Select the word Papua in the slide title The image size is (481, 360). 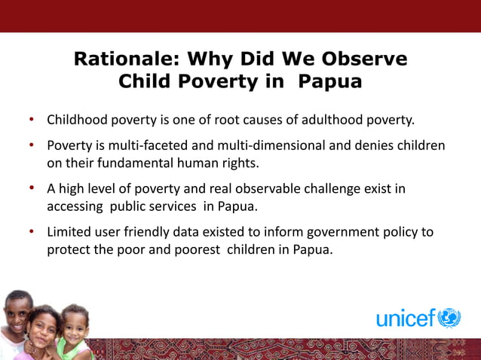(331, 81)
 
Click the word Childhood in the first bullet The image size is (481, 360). (78, 120)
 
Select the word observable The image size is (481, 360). (258, 189)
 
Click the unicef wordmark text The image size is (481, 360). (406, 319)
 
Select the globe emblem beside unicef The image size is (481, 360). (449, 318)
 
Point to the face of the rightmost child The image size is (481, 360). (73, 325)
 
